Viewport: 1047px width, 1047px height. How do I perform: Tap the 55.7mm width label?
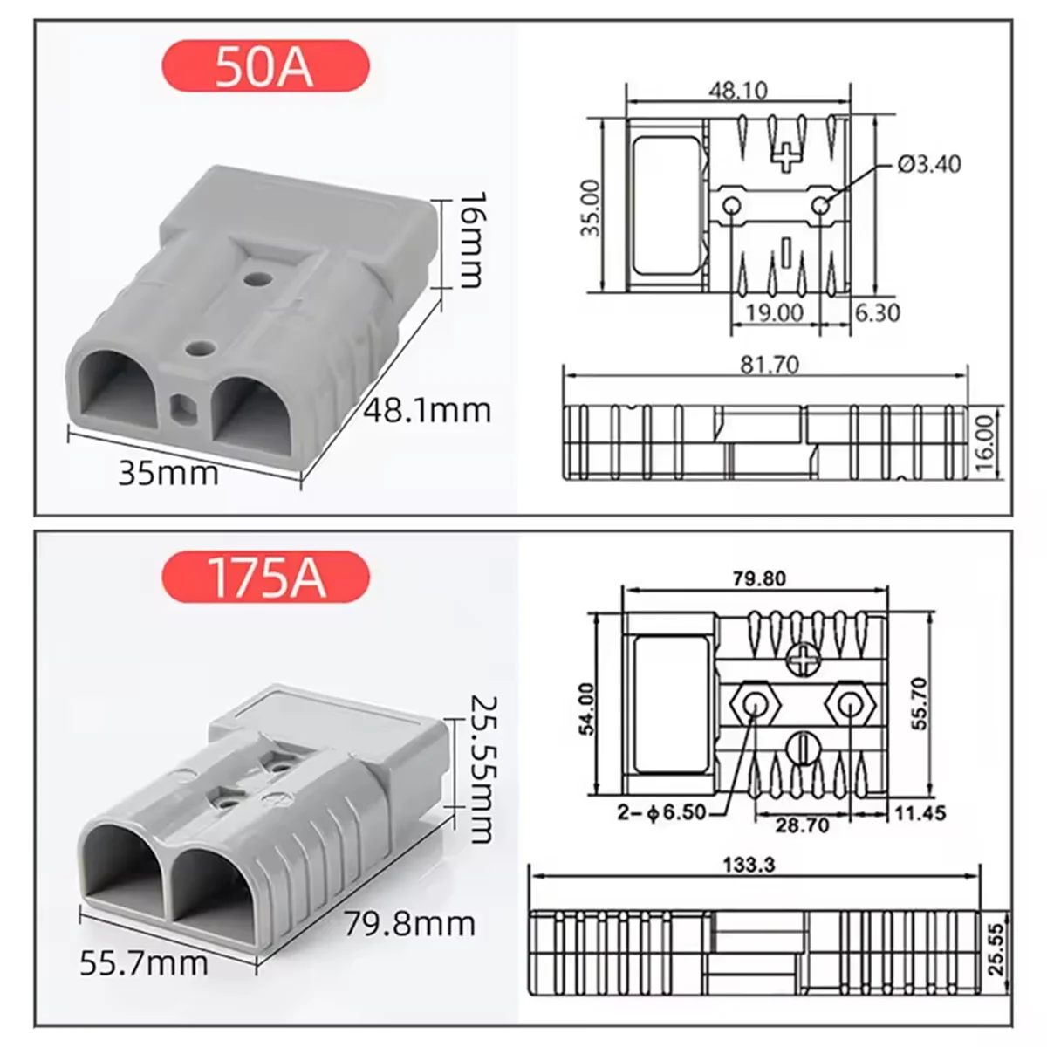(144, 964)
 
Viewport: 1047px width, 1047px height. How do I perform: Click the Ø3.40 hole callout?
(928, 164)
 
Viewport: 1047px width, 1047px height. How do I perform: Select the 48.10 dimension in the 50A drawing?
(737, 90)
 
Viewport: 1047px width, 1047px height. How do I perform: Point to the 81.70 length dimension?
(769, 364)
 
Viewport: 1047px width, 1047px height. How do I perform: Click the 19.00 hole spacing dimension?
(774, 312)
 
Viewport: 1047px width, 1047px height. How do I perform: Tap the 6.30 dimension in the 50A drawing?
(876, 312)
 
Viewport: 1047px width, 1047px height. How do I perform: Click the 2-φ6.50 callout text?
(660, 813)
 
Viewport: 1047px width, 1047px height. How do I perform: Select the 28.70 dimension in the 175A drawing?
(801, 823)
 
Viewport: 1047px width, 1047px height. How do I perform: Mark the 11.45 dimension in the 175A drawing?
(918, 813)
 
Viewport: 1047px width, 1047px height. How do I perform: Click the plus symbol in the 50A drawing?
(788, 158)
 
